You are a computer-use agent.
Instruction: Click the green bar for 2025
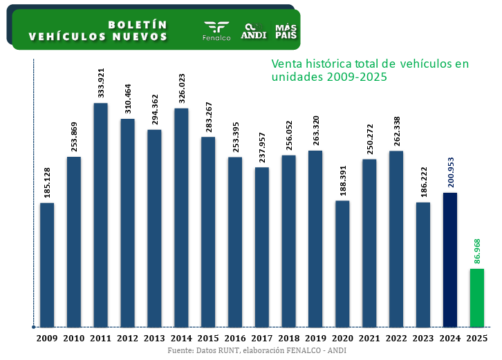(x=476, y=298)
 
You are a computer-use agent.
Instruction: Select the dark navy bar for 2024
(x=450, y=260)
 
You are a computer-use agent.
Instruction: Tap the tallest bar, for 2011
(x=101, y=215)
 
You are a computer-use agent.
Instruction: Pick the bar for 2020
(x=342, y=264)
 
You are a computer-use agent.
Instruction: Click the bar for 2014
(x=181, y=218)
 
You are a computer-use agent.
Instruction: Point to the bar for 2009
(x=47, y=265)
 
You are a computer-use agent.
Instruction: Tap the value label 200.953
(x=450, y=173)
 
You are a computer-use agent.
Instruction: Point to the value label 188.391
(x=342, y=181)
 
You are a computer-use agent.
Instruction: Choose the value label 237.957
(x=262, y=147)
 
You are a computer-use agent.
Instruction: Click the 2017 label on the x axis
(x=261, y=338)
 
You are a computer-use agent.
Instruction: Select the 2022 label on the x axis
(x=396, y=338)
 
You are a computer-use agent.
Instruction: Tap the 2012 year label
(x=127, y=338)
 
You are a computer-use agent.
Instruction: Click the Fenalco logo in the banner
(x=216, y=30)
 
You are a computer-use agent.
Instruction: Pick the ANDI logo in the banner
(x=254, y=30)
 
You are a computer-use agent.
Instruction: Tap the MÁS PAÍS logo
(x=286, y=30)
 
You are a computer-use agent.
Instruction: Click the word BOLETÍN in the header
(x=138, y=24)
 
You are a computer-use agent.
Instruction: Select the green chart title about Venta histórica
(x=370, y=70)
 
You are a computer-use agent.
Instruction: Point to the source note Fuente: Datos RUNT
(x=257, y=350)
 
